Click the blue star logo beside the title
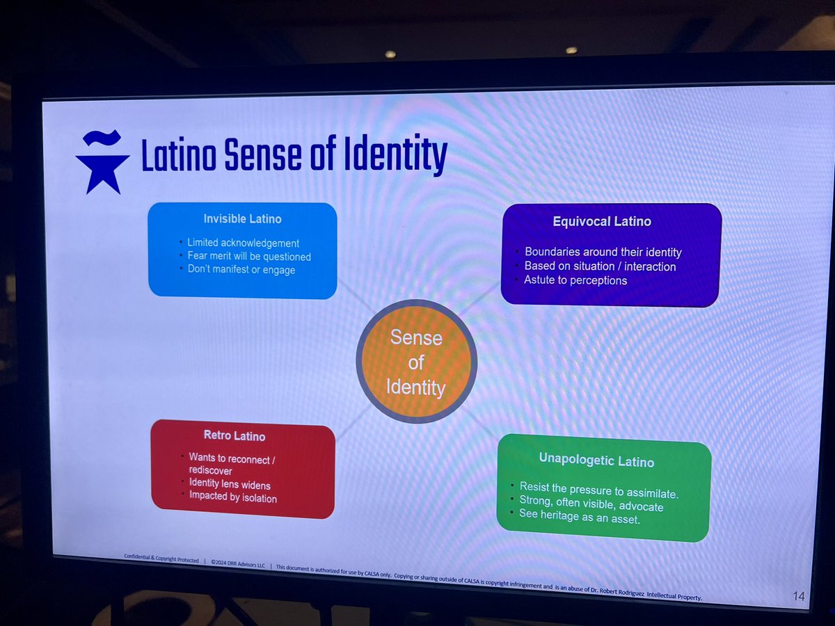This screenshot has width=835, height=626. pyautogui.click(x=103, y=173)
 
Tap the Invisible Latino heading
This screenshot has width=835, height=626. pyautogui.click(x=243, y=219)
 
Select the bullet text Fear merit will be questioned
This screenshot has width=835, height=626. pyautogui.click(x=249, y=257)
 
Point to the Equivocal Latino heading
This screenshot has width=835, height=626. pyautogui.click(x=602, y=221)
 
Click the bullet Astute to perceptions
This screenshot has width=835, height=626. pyautogui.click(x=575, y=280)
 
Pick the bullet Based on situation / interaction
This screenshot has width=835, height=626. pyautogui.click(x=600, y=266)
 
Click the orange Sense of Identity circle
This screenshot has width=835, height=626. pyautogui.click(x=416, y=362)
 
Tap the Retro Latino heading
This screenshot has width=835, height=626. pyautogui.click(x=234, y=435)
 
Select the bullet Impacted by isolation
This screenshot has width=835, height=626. pyautogui.click(x=233, y=497)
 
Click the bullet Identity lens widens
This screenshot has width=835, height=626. pyautogui.click(x=230, y=484)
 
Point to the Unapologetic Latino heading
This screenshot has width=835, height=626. pyautogui.click(x=596, y=460)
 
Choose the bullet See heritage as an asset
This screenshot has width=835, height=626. pyautogui.click(x=580, y=517)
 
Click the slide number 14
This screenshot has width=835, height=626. pyautogui.click(x=799, y=596)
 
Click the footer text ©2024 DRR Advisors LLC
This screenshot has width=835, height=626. pyautogui.click(x=238, y=563)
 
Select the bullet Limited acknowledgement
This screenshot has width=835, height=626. pyautogui.click(x=243, y=243)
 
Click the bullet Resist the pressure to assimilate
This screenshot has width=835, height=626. pyautogui.click(x=599, y=490)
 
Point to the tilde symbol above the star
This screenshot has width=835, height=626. pyautogui.click(x=102, y=138)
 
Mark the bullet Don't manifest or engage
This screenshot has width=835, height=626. pyautogui.click(x=241, y=269)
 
